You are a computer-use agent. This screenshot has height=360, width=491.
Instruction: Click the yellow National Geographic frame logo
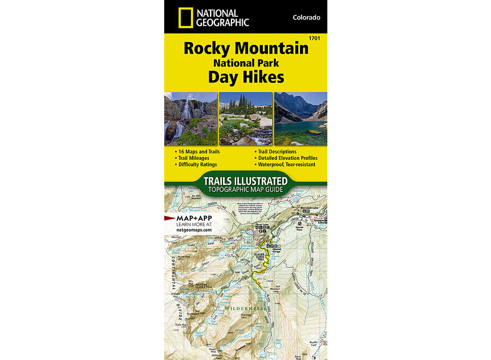(185, 17)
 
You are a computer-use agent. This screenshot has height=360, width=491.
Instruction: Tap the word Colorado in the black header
(306, 17)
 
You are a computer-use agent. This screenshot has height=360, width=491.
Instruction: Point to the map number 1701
(314, 38)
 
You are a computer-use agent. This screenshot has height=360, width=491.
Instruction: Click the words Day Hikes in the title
(245, 77)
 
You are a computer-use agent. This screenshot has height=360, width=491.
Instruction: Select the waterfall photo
(190, 118)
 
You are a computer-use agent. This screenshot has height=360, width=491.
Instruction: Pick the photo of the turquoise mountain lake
(301, 118)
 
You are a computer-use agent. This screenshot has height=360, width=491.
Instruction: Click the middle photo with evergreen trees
(245, 118)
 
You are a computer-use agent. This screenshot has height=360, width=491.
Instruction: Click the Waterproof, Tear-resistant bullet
(287, 164)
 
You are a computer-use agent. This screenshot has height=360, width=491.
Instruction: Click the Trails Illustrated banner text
(245, 181)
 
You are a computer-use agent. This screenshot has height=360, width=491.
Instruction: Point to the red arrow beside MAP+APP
(169, 218)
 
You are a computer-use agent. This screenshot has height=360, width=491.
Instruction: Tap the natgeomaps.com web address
(194, 231)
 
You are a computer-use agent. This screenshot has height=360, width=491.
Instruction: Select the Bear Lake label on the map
(263, 224)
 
